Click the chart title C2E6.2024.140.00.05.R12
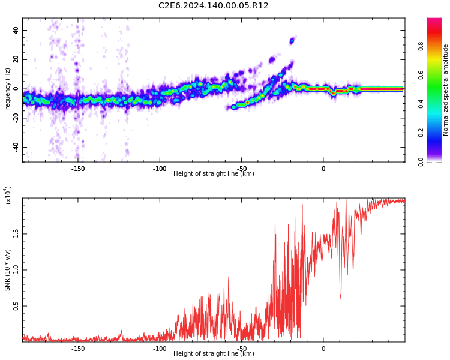point(213,6)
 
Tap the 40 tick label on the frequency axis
point(16,30)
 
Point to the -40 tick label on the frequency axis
point(16,147)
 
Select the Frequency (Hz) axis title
point(7,91)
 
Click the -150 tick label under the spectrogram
point(78,169)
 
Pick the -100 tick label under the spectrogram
point(160,169)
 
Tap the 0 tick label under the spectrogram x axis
point(323,169)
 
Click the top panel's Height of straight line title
point(214,173)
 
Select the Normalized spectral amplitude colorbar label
point(445,90)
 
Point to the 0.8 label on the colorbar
point(421,46)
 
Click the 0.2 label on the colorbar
point(421,133)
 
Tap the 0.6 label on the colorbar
point(421,75)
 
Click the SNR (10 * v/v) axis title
point(7,269)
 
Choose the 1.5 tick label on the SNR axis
point(16,234)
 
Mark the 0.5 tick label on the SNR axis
point(16,306)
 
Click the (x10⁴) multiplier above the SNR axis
point(8,195)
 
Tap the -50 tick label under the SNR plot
point(241,349)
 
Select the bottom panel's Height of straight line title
point(214,353)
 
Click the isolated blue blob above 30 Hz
point(292,41)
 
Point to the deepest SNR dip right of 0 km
point(340,298)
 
